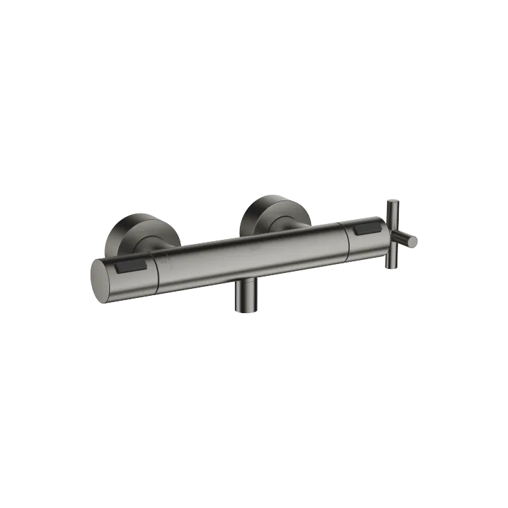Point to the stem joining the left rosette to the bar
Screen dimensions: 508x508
tap(162, 244)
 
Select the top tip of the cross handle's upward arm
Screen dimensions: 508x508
tap(393, 202)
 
